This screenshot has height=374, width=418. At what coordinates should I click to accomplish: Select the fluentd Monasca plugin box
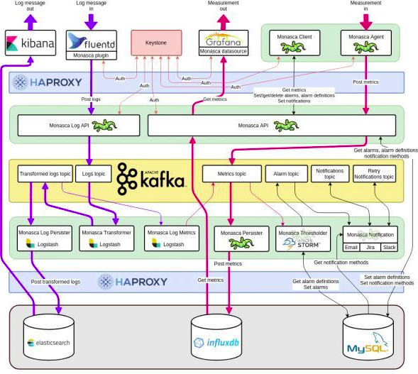[91, 43]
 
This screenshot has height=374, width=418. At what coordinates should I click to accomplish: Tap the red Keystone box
[155, 43]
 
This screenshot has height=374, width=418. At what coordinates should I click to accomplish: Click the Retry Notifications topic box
[375, 173]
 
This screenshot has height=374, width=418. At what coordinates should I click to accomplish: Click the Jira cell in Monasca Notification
[370, 248]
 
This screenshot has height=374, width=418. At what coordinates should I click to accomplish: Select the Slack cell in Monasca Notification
[389, 248]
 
